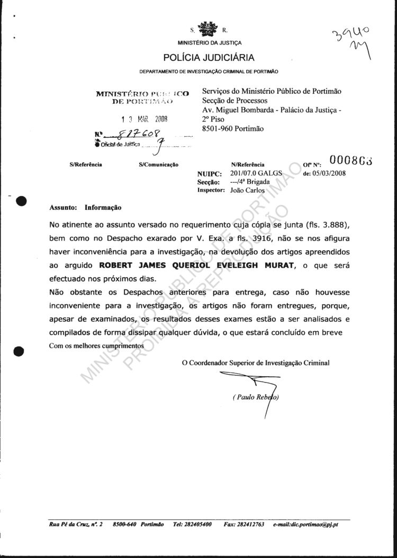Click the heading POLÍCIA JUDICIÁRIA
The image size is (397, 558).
209,58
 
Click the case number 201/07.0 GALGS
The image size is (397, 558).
257,173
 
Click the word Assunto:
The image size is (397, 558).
64,208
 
